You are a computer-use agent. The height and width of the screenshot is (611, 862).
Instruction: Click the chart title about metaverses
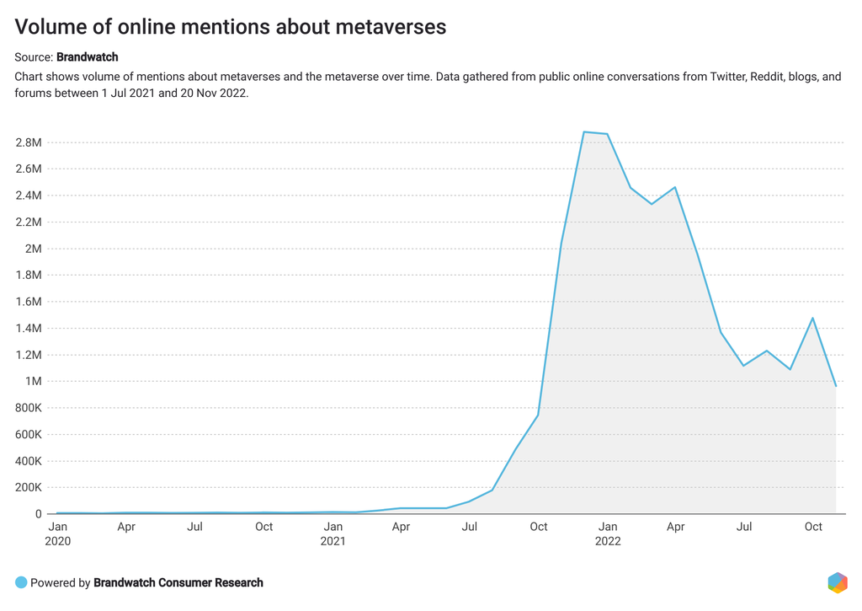(230, 27)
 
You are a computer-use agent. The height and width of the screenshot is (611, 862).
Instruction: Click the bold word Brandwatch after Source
(87, 57)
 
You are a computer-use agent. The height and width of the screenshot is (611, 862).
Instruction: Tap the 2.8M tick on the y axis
(29, 142)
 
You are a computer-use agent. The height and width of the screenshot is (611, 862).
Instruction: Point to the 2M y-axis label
(34, 249)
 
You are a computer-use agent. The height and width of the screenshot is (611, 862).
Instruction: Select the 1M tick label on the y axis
(34, 382)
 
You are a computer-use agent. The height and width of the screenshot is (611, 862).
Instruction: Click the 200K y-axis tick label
(27, 487)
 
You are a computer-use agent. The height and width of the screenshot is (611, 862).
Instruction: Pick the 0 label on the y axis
(38, 514)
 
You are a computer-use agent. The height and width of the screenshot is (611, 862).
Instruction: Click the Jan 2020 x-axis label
(58, 533)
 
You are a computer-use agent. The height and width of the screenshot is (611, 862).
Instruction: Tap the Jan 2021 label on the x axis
(333, 533)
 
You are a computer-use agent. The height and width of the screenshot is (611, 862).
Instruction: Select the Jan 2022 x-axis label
(607, 533)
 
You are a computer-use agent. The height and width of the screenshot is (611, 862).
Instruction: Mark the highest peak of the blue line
(584, 132)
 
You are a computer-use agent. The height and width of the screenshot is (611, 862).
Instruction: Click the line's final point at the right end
(835, 386)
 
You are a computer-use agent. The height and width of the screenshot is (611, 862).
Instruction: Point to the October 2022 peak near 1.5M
(812, 318)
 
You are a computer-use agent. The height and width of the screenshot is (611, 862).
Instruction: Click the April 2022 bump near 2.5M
(675, 187)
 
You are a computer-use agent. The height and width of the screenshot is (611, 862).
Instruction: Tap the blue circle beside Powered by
(21, 582)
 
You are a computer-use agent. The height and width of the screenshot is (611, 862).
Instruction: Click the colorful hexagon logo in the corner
(837, 582)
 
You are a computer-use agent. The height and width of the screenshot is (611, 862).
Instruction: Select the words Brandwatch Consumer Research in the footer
(178, 582)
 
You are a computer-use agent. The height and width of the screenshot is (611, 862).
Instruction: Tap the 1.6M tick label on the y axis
(29, 302)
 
